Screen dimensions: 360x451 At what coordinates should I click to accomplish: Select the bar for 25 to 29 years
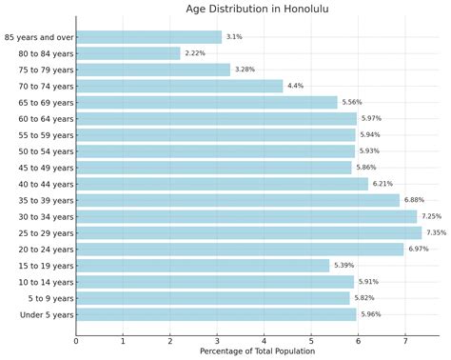248,232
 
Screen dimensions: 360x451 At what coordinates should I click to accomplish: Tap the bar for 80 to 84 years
127,53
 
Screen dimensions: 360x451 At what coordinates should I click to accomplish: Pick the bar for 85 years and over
148,37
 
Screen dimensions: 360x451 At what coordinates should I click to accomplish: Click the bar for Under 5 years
216,314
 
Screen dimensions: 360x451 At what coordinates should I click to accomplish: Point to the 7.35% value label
437,232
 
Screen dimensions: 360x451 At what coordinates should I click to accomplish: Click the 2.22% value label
195,53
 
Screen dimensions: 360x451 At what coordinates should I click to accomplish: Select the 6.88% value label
415,200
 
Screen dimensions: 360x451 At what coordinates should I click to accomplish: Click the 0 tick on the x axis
76,339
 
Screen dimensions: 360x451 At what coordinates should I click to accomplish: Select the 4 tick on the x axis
265,339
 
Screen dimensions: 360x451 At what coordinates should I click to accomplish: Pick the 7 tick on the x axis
405,339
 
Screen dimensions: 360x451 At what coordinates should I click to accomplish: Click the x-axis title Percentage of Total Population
257,351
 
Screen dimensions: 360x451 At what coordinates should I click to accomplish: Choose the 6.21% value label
383,184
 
